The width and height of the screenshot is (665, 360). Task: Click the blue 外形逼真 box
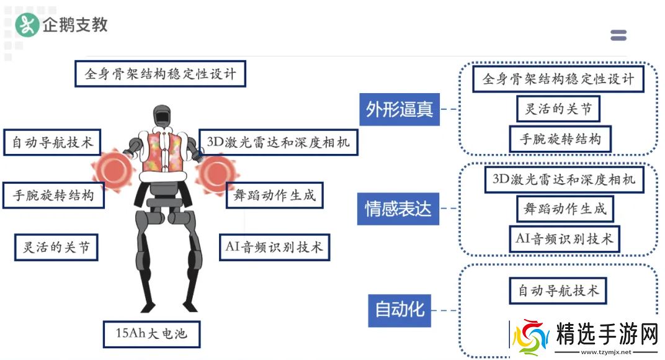(399, 109)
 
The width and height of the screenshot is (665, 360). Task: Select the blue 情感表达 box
(398, 209)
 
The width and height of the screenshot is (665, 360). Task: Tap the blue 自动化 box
(399, 308)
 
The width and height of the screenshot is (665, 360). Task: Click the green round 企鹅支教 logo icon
(27, 25)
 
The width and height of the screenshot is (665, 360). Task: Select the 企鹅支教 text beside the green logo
(75, 25)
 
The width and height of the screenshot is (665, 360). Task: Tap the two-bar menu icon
(618, 35)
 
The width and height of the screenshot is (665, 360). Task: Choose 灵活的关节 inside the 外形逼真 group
(558, 109)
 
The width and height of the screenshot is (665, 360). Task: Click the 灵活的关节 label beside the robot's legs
(56, 248)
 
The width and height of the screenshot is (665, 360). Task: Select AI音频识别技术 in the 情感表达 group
(565, 238)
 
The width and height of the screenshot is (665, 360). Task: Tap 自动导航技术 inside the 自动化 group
(558, 290)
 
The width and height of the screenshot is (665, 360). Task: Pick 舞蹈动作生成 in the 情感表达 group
(565, 209)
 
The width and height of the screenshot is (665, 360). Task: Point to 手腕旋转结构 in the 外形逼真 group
(560, 139)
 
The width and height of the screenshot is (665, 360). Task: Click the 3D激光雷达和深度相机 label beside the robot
(278, 142)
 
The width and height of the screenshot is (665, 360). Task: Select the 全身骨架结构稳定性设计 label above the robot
(160, 74)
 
